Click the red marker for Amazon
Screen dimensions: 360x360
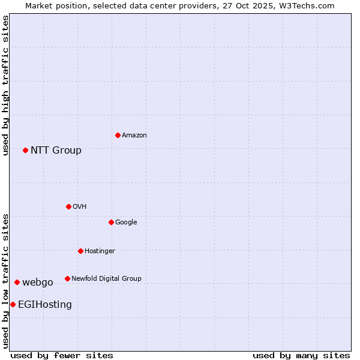click(x=118, y=135)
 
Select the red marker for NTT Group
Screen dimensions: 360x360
click(x=25, y=150)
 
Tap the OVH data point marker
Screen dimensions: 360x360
click(x=68, y=206)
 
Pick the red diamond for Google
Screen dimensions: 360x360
click(x=111, y=222)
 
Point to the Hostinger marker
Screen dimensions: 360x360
click(x=80, y=251)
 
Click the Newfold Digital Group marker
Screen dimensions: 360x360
click(x=67, y=278)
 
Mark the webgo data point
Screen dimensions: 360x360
click(x=17, y=282)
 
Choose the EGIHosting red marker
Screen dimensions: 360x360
click(x=13, y=304)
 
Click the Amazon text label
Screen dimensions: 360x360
click(x=134, y=136)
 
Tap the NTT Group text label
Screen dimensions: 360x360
click(x=56, y=151)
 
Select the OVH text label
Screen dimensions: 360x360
click(x=80, y=207)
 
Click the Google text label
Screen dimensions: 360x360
click(x=126, y=223)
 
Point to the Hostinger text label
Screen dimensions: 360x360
click(x=100, y=251)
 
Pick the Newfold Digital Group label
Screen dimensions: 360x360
click(x=106, y=279)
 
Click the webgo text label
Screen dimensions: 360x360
click(x=38, y=283)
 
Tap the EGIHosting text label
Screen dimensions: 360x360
click(x=45, y=305)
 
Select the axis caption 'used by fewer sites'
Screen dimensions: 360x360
click(x=62, y=355)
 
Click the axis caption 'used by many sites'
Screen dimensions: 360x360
click(x=301, y=355)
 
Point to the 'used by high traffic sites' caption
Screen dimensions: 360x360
click(x=5, y=85)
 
